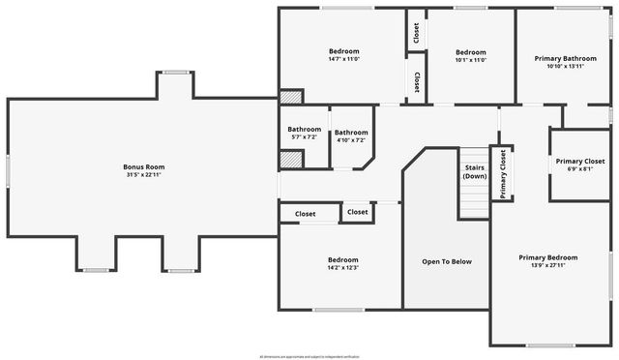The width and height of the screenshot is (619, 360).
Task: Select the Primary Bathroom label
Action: tap(565, 58)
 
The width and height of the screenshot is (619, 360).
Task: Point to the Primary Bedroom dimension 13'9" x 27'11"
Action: tap(547, 265)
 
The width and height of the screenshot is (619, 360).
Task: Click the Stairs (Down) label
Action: tap(474, 172)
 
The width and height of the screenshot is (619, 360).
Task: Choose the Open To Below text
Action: tap(447, 261)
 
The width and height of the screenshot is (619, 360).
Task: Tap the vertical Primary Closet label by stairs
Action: tap(502, 174)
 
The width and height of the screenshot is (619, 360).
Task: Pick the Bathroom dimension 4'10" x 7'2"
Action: tap(349, 139)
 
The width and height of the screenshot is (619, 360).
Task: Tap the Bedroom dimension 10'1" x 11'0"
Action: tap(470, 60)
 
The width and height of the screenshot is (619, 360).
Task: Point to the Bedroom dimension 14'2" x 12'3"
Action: tap(342, 268)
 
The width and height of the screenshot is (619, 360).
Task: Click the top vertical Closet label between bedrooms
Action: tap(416, 34)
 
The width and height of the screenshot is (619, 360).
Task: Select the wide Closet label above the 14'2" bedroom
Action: tap(306, 213)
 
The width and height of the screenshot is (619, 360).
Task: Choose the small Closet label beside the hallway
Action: tap(358, 212)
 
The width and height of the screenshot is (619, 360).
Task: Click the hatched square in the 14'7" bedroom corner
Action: tap(290, 97)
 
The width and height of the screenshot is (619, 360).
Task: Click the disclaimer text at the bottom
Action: tap(309, 356)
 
